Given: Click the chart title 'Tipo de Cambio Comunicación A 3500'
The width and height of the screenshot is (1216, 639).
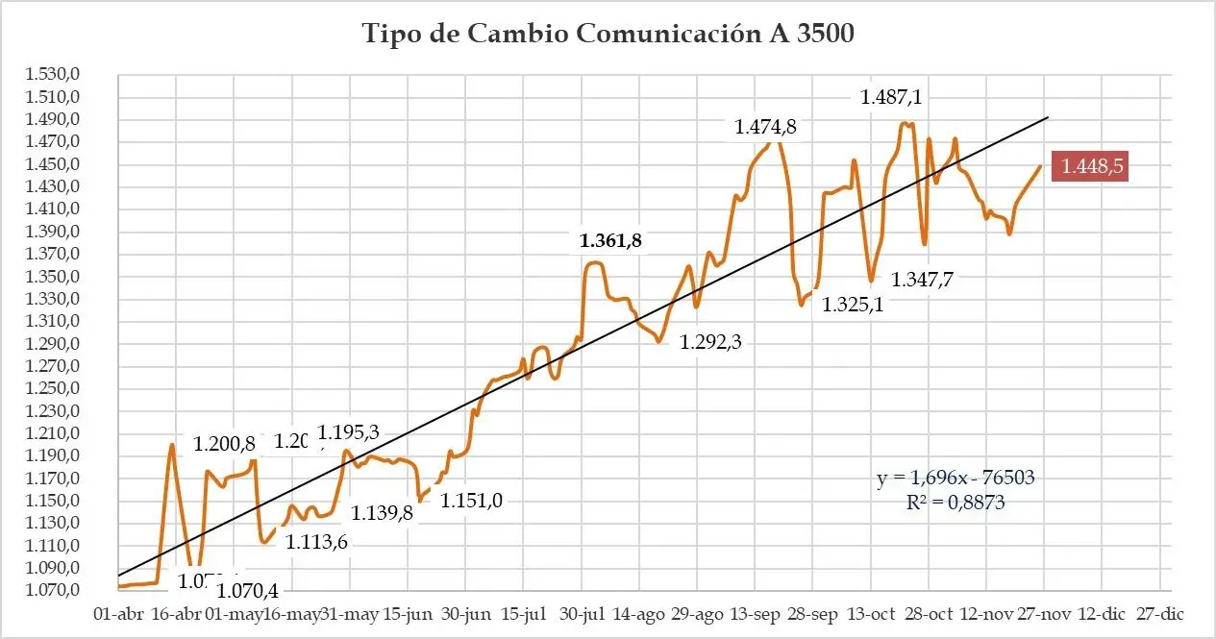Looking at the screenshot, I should [608, 33].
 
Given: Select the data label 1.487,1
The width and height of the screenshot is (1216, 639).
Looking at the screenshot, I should [897, 97].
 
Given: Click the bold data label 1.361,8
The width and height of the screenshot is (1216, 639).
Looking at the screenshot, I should [610, 241].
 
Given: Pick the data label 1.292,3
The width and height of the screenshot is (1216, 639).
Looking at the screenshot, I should [717, 341].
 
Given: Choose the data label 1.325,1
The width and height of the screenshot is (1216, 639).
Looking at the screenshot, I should [852, 306].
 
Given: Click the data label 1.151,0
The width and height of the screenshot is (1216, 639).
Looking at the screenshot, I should [472, 501].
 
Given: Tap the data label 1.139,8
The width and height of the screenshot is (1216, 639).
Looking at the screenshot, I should [383, 513].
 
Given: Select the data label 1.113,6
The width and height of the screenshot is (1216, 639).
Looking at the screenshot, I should [316, 542].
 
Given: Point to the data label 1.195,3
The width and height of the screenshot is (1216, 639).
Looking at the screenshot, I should [349, 433].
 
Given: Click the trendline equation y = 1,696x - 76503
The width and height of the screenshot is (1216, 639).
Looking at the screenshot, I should [955, 478].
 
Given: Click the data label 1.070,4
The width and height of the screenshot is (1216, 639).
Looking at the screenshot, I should [247, 590].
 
